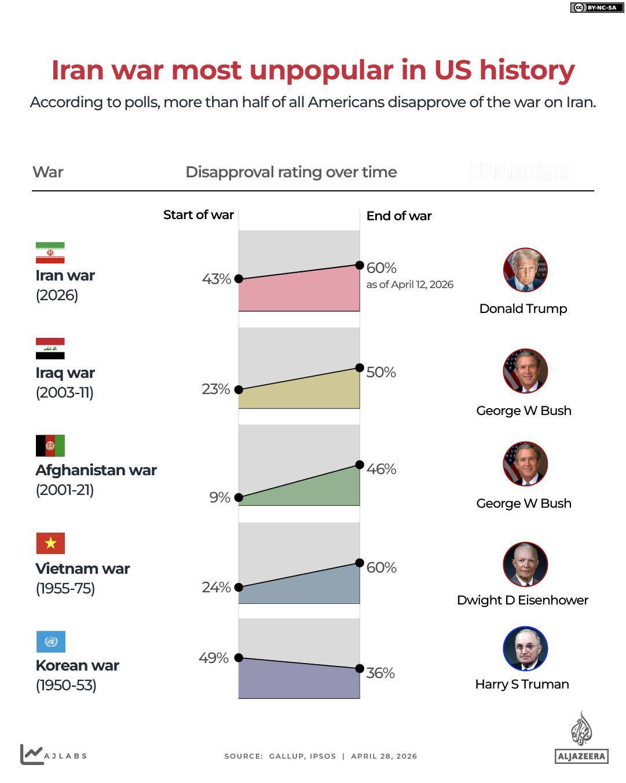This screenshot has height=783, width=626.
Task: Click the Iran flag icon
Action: tap(50, 253)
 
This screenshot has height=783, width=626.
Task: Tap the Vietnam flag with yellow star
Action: tap(50, 544)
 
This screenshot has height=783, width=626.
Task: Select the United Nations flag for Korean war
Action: tap(50, 642)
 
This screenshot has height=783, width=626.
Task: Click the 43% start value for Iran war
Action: tap(217, 279)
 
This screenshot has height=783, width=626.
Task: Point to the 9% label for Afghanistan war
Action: tap(220, 498)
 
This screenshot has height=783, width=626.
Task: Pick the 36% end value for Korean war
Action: tap(380, 673)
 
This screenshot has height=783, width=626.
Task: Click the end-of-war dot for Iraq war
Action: tap(360, 368)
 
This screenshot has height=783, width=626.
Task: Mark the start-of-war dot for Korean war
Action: tap(239, 658)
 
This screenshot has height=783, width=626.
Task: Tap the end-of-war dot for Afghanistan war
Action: tap(360, 465)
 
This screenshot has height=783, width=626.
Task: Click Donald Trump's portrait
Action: tap(525, 270)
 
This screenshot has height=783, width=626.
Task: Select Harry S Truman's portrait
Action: tap(525, 649)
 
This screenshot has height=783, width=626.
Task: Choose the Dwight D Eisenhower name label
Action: tap(522, 600)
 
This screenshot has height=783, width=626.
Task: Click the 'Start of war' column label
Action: tap(199, 215)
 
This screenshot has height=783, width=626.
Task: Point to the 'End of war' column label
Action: tap(399, 216)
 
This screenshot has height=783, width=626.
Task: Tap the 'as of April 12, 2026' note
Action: tap(410, 285)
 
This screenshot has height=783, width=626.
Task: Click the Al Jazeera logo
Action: tap(581, 738)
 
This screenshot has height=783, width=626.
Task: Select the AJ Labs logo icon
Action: tap(31, 754)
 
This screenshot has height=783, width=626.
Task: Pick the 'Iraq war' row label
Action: tap(65, 373)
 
